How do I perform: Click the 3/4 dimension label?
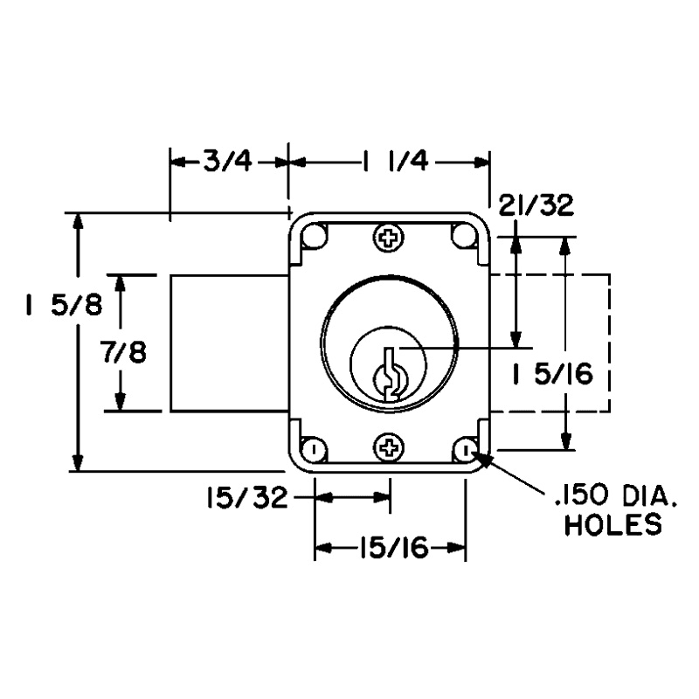click(228, 162)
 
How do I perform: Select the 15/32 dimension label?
click(246, 498)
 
